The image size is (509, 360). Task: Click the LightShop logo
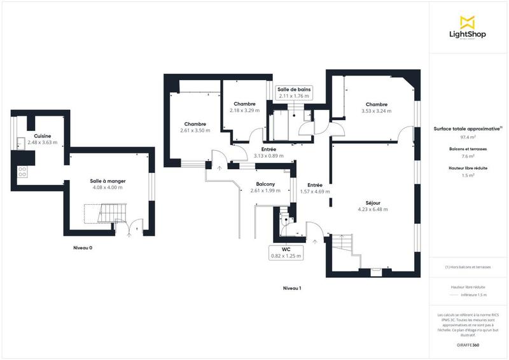pyautogui.click(x=468, y=29)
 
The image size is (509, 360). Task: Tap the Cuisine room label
pyautogui.click(x=43, y=135)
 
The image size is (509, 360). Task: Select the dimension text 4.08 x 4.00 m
pyautogui.click(x=106, y=188)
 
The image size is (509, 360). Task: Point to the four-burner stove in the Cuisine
pyautogui.click(x=22, y=171)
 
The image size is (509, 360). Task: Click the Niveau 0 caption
pyautogui.click(x=82, y=247)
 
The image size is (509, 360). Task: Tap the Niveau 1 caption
pyautogui.click(x=291, y=288)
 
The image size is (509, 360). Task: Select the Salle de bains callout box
pyautogui.click(x=294, y=93)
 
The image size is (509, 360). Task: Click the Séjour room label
pyautogui.click(x=372, y=202)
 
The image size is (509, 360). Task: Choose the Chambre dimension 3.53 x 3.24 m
pyautogui.click(x=376, y=111)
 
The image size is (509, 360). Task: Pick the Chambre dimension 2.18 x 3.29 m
pyautogui.click(x=244, y=110)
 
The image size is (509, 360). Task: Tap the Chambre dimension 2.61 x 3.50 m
pyautogui.click(x=195, y=130)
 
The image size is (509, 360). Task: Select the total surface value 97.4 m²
pyautogui.click(x=468, y=137)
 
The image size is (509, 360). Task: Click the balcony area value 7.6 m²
pyautogui.click(x=468, y=156)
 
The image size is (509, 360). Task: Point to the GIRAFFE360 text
pyautogui.click(x=468, y=343)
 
